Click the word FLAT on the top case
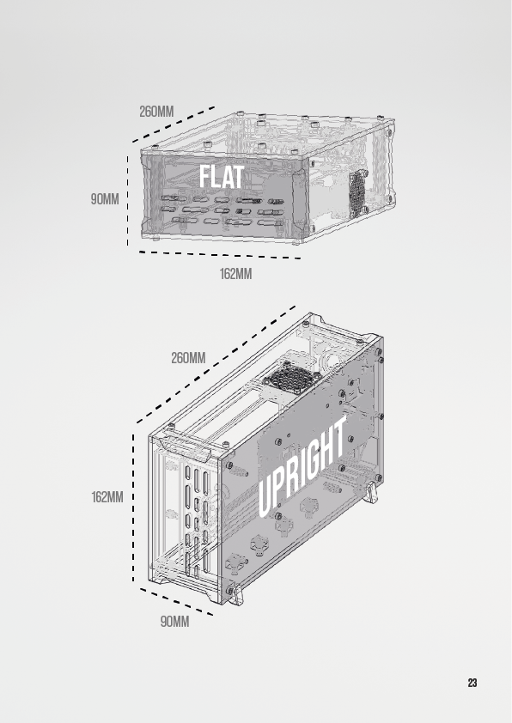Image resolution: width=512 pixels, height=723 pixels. tap(222, 177)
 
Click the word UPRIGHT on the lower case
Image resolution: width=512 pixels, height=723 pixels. tap(302, 466)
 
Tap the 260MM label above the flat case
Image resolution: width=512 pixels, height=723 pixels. tap(156, 112)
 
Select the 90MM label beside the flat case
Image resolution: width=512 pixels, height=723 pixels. tap(105, 199)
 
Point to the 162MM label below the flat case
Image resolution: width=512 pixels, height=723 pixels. tap(235, 274)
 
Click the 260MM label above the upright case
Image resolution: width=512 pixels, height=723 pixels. tap(188, 358)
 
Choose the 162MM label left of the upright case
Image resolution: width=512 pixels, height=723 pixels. tap(107, 497)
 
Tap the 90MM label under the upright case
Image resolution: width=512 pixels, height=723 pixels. tap(174, 622)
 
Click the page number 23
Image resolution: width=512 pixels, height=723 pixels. tap(472, 683)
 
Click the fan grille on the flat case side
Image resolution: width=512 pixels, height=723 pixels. tap(357, 195)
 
